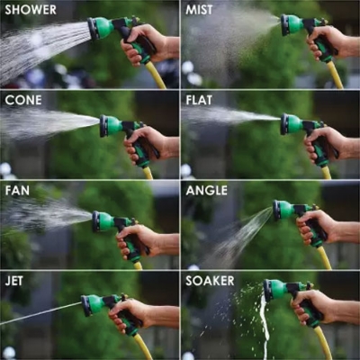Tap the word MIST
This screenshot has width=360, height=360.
click(x=199, y=10)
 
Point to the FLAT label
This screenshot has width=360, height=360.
click(x=199, y=100)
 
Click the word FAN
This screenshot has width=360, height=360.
click(x=18, y=190)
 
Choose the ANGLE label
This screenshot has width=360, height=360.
click(x=206, y=190)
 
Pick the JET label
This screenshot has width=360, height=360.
click(x=16, y=280)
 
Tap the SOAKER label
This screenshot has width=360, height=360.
click(x=210, y=280)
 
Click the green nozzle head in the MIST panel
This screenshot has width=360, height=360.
click(x=291, y=25)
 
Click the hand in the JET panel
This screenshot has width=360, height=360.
click(x=130, y=315)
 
